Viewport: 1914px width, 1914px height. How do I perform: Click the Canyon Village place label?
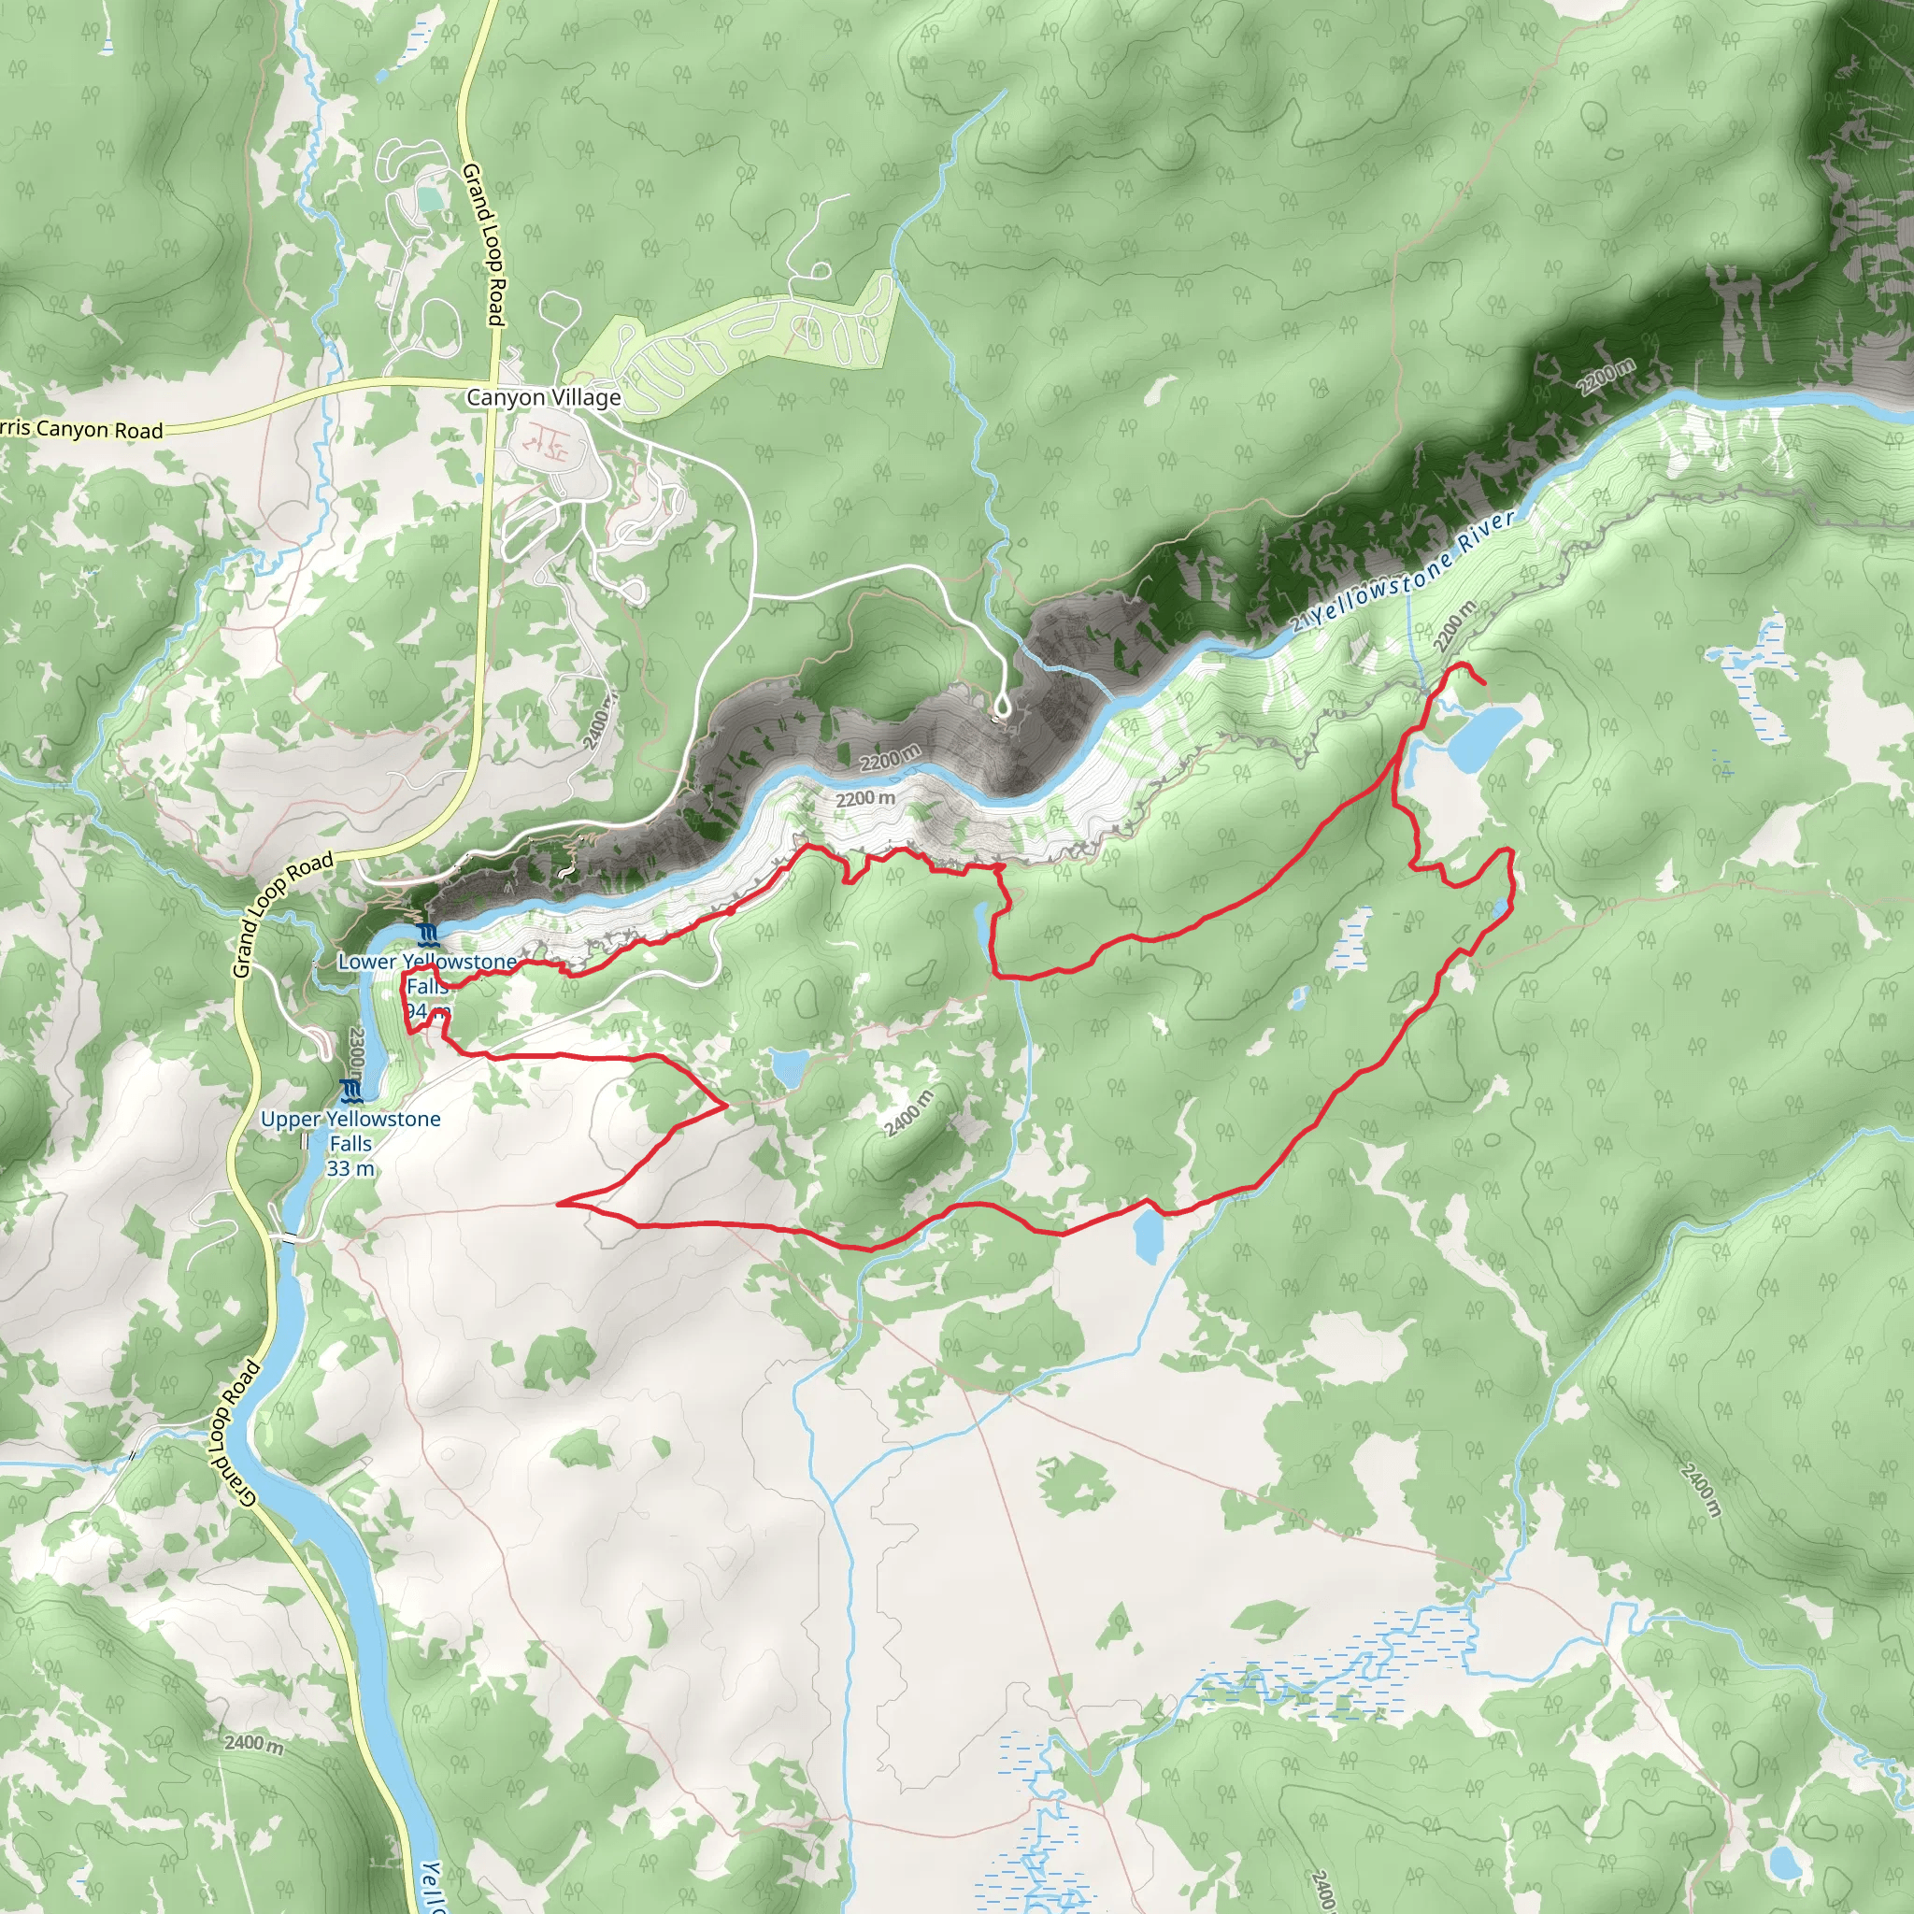click(543, 397)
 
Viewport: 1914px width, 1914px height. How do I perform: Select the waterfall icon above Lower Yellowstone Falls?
click(428, 936)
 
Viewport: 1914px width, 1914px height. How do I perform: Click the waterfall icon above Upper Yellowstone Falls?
click(351, 1092)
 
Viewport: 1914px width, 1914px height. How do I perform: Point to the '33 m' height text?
click(350, 1169)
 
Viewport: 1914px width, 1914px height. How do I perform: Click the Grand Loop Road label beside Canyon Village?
click(484, 245)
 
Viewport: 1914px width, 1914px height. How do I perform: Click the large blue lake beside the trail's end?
click(1482, 736)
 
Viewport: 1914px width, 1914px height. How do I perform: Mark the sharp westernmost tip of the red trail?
click(560, 1204)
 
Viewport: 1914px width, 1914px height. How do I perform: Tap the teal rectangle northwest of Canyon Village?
click(430, 199)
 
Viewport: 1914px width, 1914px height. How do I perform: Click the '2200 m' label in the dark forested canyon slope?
click(1607, 378)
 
